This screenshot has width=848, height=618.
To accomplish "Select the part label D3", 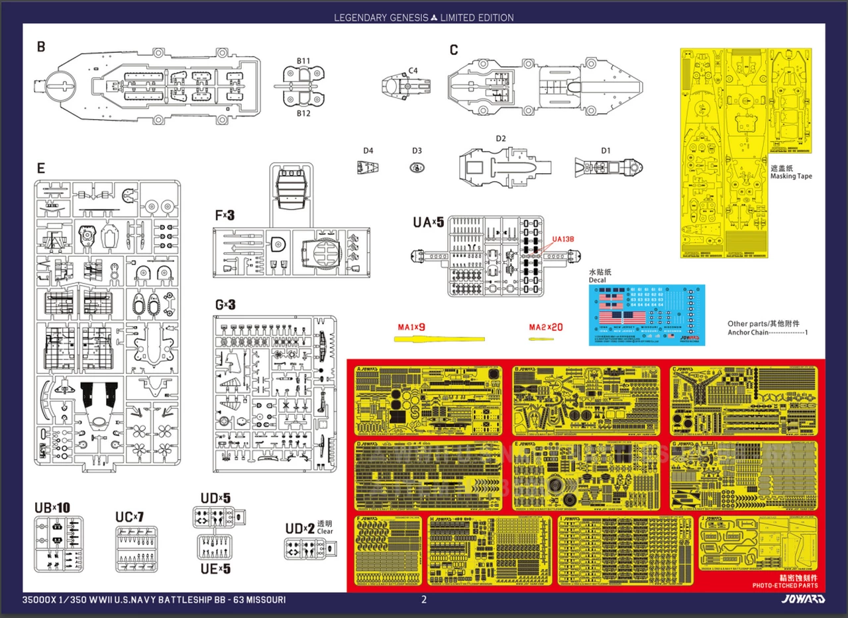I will [417, 151].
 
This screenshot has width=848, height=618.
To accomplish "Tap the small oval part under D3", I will [416, 168].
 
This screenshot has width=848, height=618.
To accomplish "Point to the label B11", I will [303, 62].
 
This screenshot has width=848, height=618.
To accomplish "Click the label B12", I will [303, 114].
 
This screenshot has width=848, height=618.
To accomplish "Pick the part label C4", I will [413, 70].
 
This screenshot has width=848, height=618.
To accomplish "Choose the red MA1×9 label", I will [411, 327].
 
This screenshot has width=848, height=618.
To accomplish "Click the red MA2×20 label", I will [545, 327].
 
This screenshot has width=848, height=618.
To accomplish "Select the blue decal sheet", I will [647, 315].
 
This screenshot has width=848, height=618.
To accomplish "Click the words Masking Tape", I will [791, 177].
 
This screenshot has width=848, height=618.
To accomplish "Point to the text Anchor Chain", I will [748, 333].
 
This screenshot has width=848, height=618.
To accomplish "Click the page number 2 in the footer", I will [424, 600].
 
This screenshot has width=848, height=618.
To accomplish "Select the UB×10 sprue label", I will [52, 508].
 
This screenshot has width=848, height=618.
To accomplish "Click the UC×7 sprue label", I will [129, 516].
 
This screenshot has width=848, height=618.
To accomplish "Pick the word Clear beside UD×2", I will [325, 531].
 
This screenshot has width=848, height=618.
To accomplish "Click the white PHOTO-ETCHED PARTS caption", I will [785, 586].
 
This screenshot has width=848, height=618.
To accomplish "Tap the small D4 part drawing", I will [366, 169].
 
